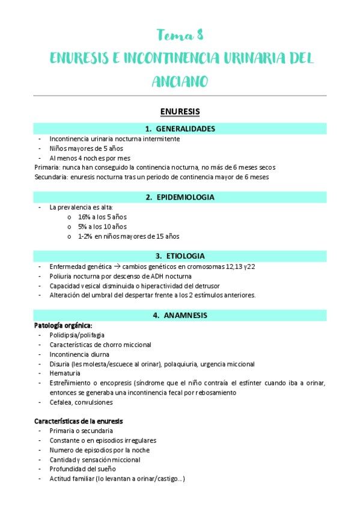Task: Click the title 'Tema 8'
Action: point(180,34)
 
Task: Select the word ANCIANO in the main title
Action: point(180,81)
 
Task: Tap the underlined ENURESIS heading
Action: point(180,111)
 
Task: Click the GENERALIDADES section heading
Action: point(180,129)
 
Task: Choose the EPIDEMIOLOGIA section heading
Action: point(180,197)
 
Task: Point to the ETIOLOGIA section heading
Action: point(180,256)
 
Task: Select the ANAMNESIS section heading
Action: point(180,315)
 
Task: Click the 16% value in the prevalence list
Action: point(84,217)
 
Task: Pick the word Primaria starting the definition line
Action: point(46,167)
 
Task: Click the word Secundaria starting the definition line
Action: point(50,177)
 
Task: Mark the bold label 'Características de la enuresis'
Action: point(79,421)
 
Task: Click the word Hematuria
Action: point(65,373)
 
